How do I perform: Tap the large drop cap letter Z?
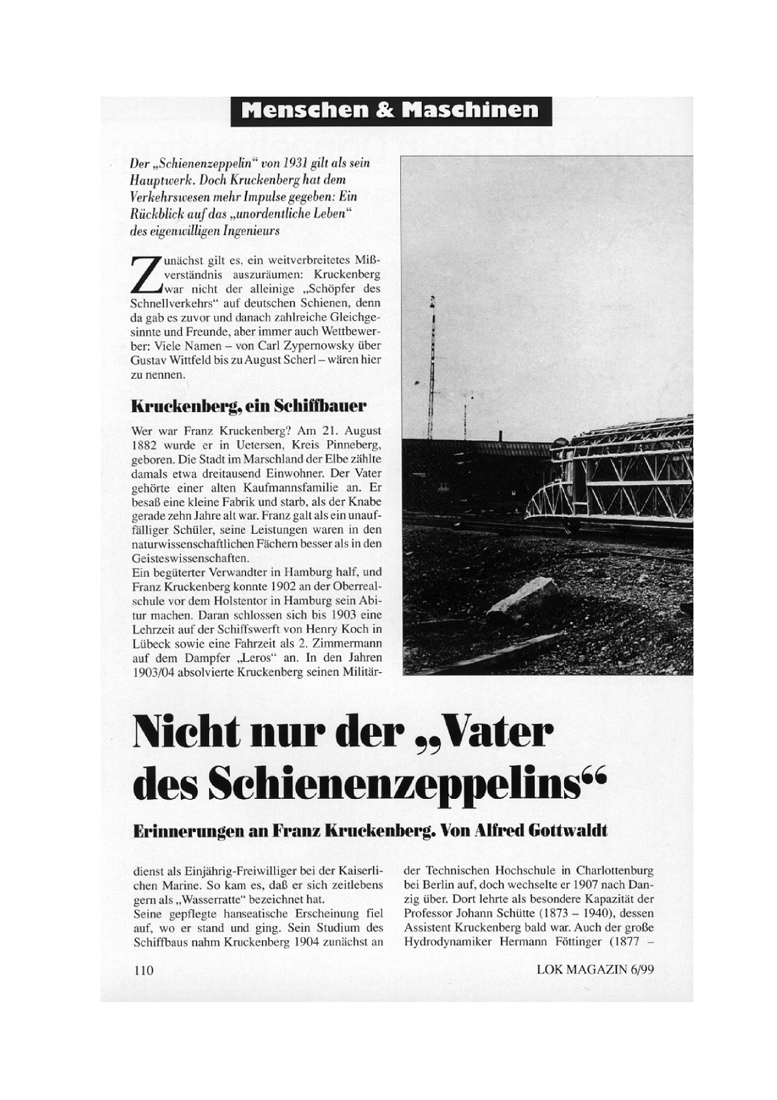coord(146,275)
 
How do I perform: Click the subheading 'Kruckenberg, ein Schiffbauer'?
coord(249,406)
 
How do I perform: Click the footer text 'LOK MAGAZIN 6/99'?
coord(595,969)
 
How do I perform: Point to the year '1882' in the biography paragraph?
coord(144,445)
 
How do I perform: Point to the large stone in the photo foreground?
coord(523,597)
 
